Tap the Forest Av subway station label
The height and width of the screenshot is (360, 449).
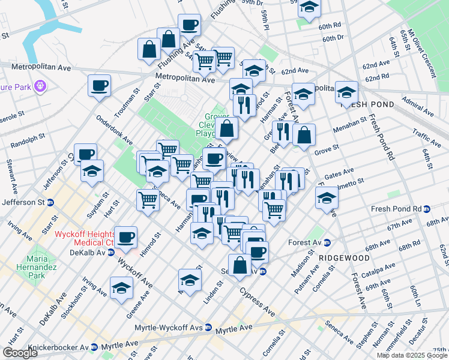point(308,243)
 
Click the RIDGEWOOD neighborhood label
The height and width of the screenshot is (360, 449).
point(344,257)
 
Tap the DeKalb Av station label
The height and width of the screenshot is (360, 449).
point(88,253)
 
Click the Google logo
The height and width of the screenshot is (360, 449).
point(20,353)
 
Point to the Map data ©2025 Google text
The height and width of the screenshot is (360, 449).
point(412,355)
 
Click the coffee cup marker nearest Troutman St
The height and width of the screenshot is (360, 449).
point(99,85)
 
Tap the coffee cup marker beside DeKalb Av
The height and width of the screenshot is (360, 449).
point(126,237)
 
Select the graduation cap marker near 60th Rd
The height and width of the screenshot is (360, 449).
point(310,8)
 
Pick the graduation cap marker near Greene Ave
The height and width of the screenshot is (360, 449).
point(121,288)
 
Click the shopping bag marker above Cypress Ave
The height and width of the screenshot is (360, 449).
point(240,265)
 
